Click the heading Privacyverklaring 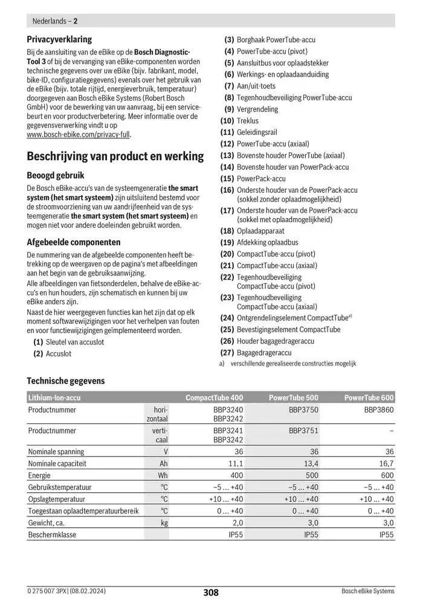click(59, 39)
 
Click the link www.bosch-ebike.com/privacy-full click(79, 135)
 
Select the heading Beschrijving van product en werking click(115, 156)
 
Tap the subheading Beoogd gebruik click(55, 175)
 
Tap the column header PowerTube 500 click(293, 397)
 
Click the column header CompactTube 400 click(214, 397)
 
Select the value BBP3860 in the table click(379, 410)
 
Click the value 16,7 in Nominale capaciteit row click(386, 463)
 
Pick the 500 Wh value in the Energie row click(311, 475)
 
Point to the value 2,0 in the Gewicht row click(237, 522)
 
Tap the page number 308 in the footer click(211, 592)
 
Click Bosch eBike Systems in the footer click(367, 591)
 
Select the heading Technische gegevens click(66, 381)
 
